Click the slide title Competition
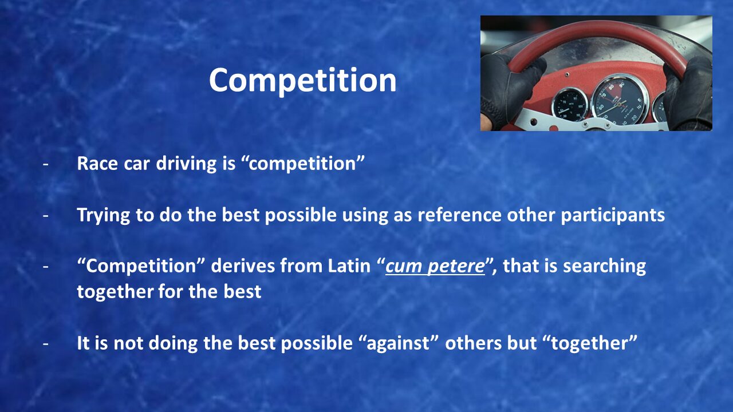[303, 81]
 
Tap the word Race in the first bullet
[97, 163]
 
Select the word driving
[186, 164]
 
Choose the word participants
[613, 216]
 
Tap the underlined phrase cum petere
[435, 267]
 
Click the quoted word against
[398, 343]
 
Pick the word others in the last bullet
[473, 343]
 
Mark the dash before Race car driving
[45, 164]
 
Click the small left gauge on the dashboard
[569, 105]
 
